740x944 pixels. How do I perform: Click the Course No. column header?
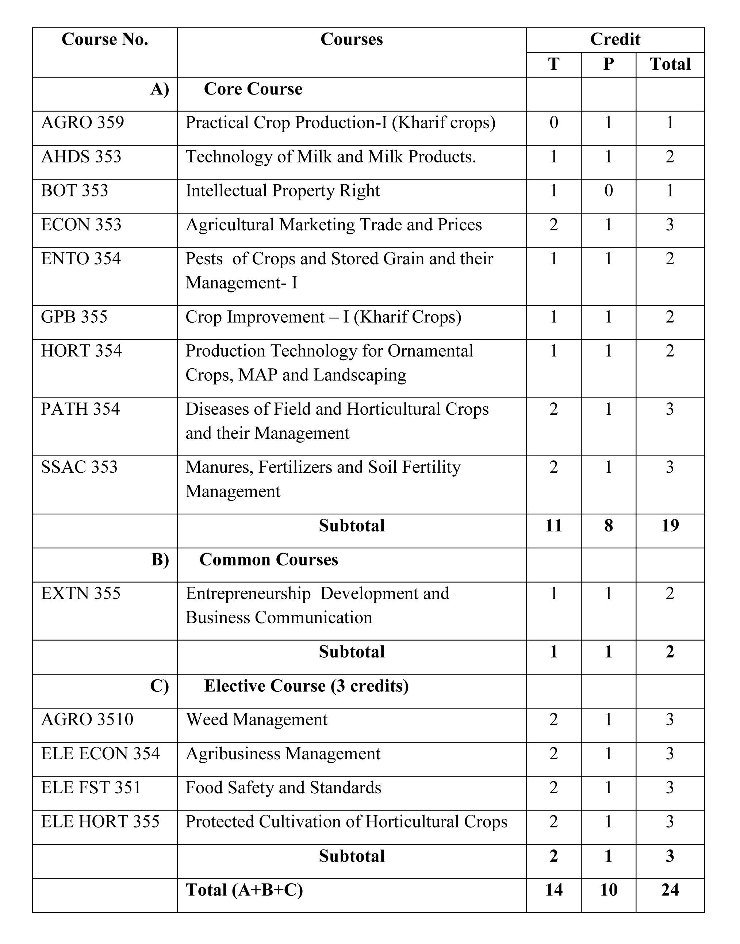[105, 39]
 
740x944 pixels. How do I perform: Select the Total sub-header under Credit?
[670, 64]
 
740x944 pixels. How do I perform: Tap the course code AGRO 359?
[82, 123]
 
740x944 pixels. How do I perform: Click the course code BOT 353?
[74, 191]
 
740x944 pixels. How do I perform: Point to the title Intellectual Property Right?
[283, 191]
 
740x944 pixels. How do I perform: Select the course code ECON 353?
[81, 225]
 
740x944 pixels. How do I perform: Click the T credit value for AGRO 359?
[554, 123]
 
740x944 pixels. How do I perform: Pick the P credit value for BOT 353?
[608, 191]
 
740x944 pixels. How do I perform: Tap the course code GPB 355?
[74, 317]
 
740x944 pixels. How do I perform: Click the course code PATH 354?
[80, 409]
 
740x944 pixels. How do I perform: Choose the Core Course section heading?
[253, 89]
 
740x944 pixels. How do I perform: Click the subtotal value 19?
[670, 526]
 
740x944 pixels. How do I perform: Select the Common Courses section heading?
[269, 560]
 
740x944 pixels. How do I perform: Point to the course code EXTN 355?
[81, 594]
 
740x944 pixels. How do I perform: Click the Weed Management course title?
[257, 719]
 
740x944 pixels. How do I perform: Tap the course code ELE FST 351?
[91, 788]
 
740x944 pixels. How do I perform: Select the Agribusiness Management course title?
[283, 754]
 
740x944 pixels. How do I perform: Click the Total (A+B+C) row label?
[244, 890]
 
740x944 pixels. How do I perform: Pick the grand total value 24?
[670, 890]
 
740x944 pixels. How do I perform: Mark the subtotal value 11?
[554, 526]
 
